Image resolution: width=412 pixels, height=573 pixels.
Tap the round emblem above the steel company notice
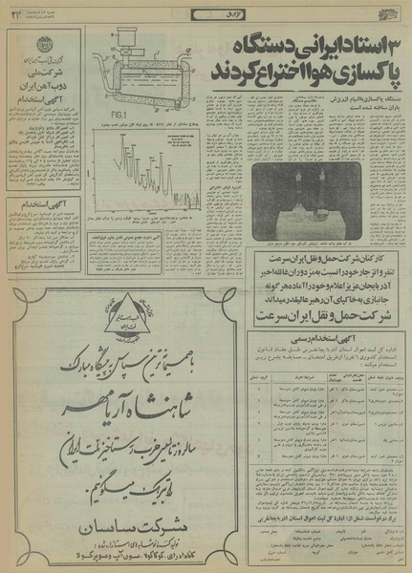coord(39,49)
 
